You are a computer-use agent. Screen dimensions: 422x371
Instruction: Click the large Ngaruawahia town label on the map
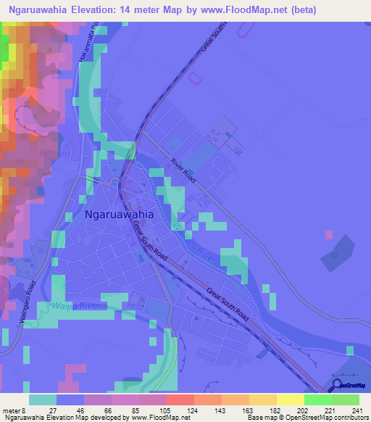coord(120,215)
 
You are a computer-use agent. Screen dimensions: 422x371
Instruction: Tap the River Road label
coord(184,171)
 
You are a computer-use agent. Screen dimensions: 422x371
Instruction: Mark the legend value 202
coord(304,410)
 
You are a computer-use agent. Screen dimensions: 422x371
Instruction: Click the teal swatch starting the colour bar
coord(43,400)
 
